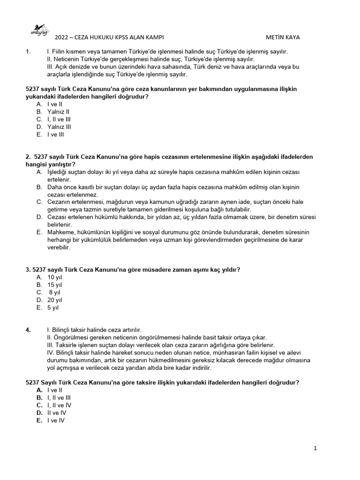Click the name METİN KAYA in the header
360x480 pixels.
tap(283, 37)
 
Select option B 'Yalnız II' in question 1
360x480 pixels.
tap(58, 112)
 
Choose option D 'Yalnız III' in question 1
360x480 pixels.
tap(59, 127)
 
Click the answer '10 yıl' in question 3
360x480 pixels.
tap(54, 277)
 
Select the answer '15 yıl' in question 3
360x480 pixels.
tap(54, 285)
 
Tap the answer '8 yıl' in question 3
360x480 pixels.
tap(55, 292)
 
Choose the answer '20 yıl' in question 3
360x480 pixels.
tap(54, 300)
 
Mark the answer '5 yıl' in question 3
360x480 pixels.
tap(53, 308)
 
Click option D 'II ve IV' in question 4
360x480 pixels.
tap(57, 413)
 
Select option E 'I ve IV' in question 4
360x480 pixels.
tap(56, 420)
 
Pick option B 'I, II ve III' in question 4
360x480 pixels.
tap(59, 397)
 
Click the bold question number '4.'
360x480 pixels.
tap(28, 330)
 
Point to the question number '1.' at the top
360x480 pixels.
tap(28, 52)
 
